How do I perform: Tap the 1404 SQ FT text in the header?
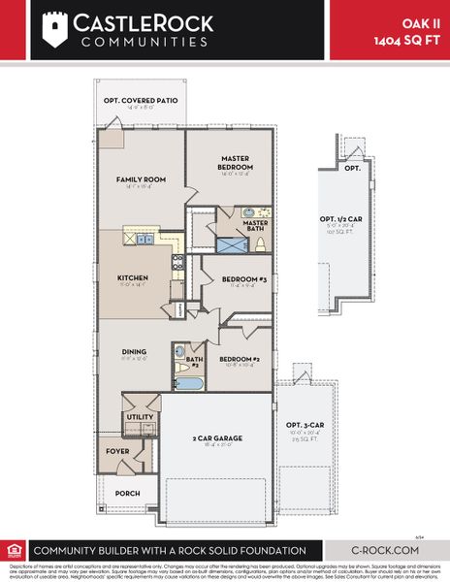click(408, 40)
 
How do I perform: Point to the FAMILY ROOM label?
click(142, 179)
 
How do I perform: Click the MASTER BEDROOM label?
click(236, 163)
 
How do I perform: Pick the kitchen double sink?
click(144, 239)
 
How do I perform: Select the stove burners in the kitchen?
click(177, 260)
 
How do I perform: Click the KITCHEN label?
click(132, 277)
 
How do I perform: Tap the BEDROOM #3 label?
click(239, 279)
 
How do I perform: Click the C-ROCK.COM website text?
click(386, 549)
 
